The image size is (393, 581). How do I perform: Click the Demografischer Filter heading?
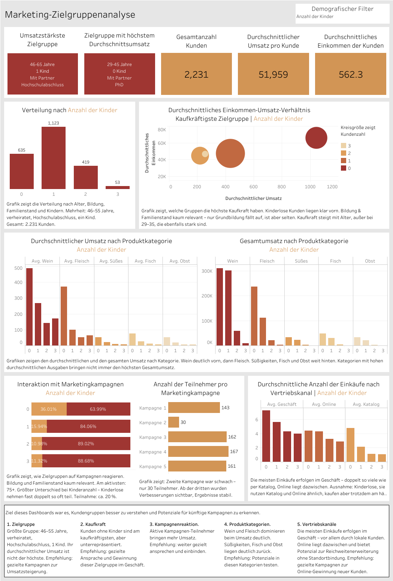coord(342,9)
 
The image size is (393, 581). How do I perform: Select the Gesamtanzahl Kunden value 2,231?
coord(196,75)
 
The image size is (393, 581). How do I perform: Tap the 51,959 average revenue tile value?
coord(273,75)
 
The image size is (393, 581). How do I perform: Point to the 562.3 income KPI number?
coord(351,75)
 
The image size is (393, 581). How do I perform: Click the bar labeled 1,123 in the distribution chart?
coord(54,158)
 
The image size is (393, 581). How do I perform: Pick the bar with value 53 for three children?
coord(118,188)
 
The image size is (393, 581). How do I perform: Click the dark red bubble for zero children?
coord(316,138)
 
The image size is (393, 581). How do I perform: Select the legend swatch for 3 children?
coord(344,146)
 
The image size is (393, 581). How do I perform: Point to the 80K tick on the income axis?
coord(162,130)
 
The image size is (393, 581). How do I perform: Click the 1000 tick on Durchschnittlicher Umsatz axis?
coord(310,187)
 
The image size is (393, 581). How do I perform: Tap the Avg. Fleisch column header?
coord(77,261)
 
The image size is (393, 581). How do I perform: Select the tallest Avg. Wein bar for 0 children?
coord(29,306)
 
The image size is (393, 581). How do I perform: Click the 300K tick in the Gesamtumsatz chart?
coord(207,271)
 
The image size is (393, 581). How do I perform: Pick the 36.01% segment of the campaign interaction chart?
coord(49,409)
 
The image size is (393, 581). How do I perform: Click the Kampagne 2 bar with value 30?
coord(174,422)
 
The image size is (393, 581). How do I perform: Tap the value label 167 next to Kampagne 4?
coord(234,452)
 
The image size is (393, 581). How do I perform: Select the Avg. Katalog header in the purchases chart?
coord(366,404)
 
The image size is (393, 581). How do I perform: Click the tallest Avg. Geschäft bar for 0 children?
coord(266,436)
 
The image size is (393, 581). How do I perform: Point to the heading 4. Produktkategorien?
coord(247,524)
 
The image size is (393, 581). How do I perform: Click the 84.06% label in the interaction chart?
coord(88,426)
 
